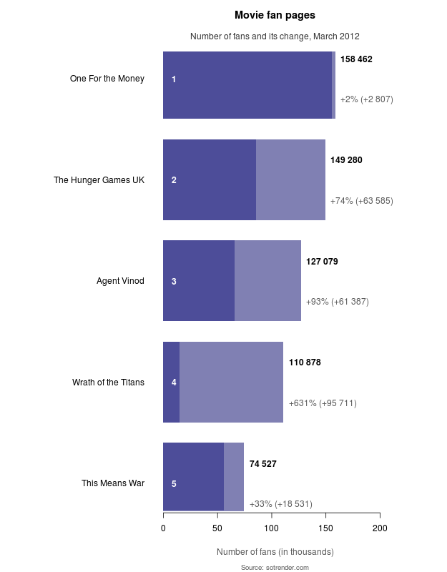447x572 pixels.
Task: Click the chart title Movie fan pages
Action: pos(275,15)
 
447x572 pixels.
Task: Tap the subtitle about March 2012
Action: pos(275,36)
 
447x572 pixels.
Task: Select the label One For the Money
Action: pos(107,79)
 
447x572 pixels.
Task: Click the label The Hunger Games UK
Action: pos(99,180)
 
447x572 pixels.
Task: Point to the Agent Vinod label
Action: pos(120,281)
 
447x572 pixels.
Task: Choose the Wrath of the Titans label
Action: pos(108,383)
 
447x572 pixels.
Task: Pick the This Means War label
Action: pos(113,483)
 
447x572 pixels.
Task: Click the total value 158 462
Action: pos(356,59)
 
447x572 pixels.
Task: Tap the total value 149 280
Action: pos(346,160)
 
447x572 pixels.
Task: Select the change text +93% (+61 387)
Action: pos(337,302)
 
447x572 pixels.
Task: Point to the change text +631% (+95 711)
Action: pos(323,403)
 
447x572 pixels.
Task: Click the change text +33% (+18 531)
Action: pos(280,504)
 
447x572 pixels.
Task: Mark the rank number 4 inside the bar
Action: pos(174,383)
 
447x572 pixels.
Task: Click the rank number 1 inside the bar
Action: pos(174,79)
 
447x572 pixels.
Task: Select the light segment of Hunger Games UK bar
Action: pos(290,180)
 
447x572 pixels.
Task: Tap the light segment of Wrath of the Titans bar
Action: pos(231,383)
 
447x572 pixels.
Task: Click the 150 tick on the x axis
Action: pos(325,528)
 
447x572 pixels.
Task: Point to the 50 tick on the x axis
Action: pos(217,528)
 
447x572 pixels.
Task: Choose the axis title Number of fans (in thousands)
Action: pos(275,552)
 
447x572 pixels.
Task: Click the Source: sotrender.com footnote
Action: pos(275,567)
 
